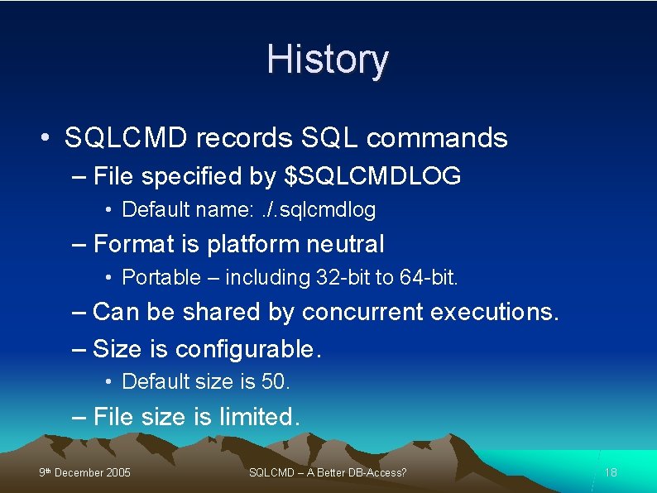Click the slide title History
pos(328,60)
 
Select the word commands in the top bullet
pos(437,138)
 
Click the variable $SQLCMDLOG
pos(372,176)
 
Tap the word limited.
pos(260,417)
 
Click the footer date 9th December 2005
pos(84,473)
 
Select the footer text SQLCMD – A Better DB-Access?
pos(328,473)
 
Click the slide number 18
pos(611,473)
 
